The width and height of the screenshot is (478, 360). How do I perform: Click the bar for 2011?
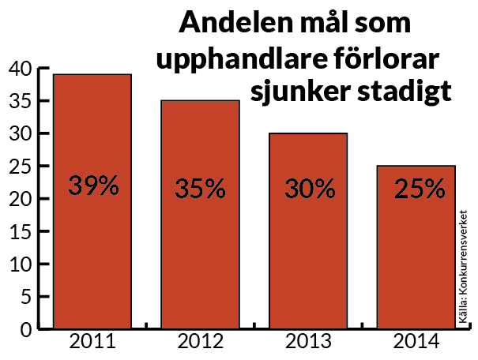pos(92,237)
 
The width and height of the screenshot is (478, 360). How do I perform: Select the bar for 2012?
pos(200,253)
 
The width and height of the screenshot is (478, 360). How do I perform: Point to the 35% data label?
pos(200,189)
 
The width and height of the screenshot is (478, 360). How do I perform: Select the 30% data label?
pos(308,189)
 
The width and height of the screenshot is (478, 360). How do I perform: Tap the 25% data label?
pos(416,189)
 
